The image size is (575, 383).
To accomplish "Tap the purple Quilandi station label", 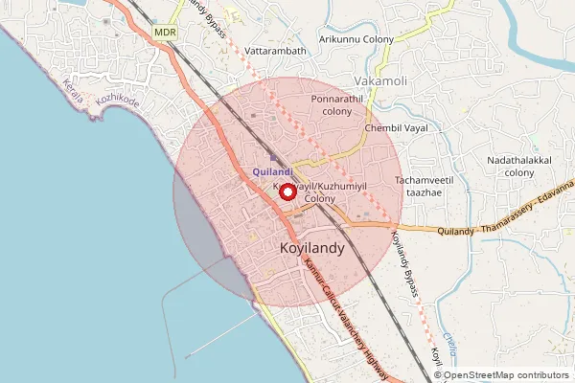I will tap(273, 172).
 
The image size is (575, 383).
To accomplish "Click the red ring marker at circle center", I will tap(286, 191).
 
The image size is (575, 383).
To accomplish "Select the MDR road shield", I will tap(165, 33).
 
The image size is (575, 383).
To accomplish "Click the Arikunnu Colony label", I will tap(356, 40).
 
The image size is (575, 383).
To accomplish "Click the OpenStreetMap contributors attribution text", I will tap(506, 374).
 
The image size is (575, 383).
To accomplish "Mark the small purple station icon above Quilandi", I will tap(272, 160).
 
